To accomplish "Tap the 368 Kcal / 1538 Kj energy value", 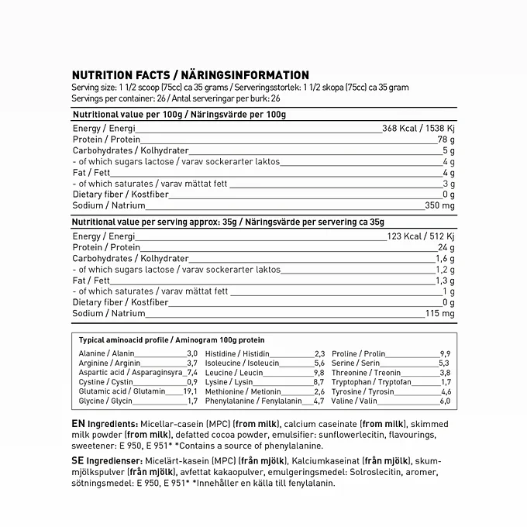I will click(418, 128).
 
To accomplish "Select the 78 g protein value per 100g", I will click(446, 139).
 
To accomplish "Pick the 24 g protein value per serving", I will click(446, 247).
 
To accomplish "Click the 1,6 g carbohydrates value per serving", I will click(444, 258).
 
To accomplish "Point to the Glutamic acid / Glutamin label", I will click(122, 391).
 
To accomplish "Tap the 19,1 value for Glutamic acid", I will click(191, 391).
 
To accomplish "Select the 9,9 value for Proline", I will click(445, 353).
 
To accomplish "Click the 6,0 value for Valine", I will click(445, 401).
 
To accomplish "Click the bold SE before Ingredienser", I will click(77, 461).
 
